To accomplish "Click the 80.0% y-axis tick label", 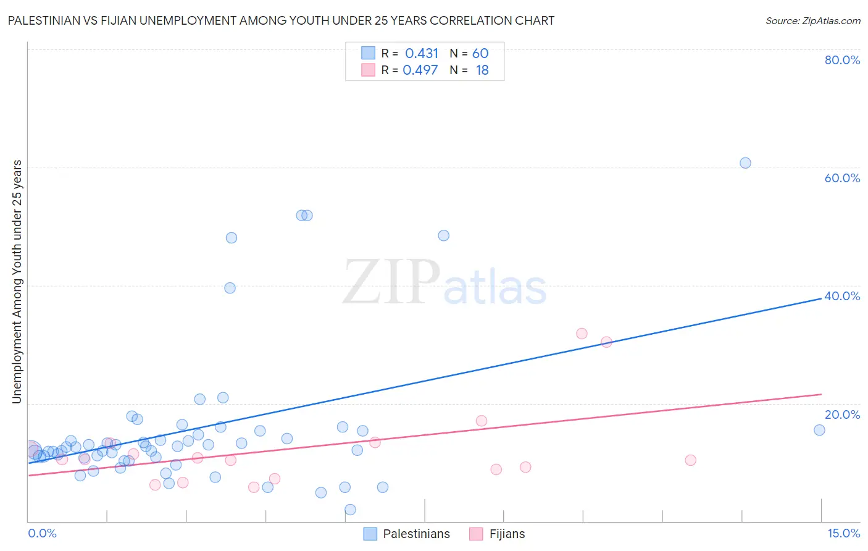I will pyautogui.click(x=842, y=60).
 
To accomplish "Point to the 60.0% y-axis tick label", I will pyautogui.click(x=842, y=178).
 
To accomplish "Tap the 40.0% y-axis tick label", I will pyautogui.click(x=842, y=296).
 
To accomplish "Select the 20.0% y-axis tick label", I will pyautogui.click(x=842, y=414).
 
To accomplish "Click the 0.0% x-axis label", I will pyautogui.click(x=42, y=533).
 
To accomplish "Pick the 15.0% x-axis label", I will pyautogui.click(x=843, y=533).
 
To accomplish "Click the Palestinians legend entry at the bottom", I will pyautogui.click(x=416, y=534).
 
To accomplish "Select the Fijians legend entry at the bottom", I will pyautogui.click(x=507, y=534).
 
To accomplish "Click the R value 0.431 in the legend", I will pyautogui.click(x=422, y=54).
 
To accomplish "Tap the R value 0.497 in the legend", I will pyautogui.click(x=420, y=70).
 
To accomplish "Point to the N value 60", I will pyautogui.click(x=480, y=54).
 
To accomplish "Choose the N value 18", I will pyautogui.click(x=482, y=70).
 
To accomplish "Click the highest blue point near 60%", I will pyautogui.click(x=745, y=163).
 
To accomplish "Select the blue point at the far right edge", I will pyautogui.click(x=819, y=430).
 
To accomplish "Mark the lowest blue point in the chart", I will pyautogui.click(x=350, y=510).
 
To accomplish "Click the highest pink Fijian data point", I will pyautogui.click(x=582, y=334).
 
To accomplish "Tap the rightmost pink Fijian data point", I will pyautogui.click(x=691, y=460).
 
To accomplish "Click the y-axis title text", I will pyautogui.click(x=17, y=282).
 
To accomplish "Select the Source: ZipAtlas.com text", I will pyautogui.click(x=812, y=20).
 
